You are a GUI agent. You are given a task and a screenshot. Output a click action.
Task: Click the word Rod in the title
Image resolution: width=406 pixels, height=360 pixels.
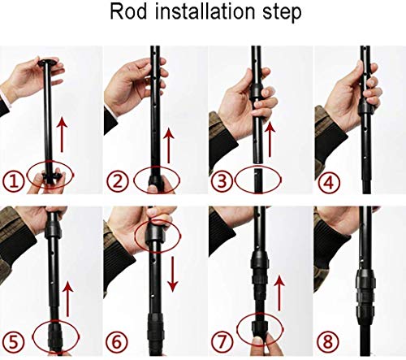point(128,11)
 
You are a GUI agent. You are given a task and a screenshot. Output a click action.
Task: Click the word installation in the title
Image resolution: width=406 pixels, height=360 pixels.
point(205,11)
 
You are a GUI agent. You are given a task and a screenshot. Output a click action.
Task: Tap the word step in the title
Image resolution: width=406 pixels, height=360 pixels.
point(282,13)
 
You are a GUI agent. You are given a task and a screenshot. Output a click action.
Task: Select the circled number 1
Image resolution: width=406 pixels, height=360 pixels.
point(14,181)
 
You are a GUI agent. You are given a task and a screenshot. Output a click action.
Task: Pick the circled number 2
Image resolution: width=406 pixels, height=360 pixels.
point(118,181)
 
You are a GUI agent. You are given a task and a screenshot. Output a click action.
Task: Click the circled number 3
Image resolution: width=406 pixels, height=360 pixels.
point(222,181)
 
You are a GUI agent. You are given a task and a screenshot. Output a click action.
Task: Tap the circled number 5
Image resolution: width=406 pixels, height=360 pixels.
point(14,342)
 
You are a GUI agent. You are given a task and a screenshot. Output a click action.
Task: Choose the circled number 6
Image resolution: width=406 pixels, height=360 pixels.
point(117,342)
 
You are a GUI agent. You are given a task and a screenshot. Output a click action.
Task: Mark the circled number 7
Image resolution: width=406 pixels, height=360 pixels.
point(222,342)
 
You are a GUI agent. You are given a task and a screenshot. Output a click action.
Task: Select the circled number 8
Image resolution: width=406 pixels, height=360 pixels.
point(328,342)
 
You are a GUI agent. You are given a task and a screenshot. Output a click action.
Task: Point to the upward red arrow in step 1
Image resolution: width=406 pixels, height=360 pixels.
point(63,134)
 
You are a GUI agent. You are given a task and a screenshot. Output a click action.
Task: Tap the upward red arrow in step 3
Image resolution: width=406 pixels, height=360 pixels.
point(270,139)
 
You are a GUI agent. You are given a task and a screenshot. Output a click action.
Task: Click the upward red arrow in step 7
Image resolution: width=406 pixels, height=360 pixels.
point(279,293)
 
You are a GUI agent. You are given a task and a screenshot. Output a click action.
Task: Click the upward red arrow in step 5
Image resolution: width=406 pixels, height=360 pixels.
point(67,299)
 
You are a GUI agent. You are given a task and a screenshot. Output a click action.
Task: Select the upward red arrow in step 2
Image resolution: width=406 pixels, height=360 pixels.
point(169,145)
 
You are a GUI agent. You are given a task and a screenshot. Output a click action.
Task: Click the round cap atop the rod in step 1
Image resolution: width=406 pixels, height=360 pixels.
point(48,62)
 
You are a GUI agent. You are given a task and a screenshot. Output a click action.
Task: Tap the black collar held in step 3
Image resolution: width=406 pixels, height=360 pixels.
point(257,92)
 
